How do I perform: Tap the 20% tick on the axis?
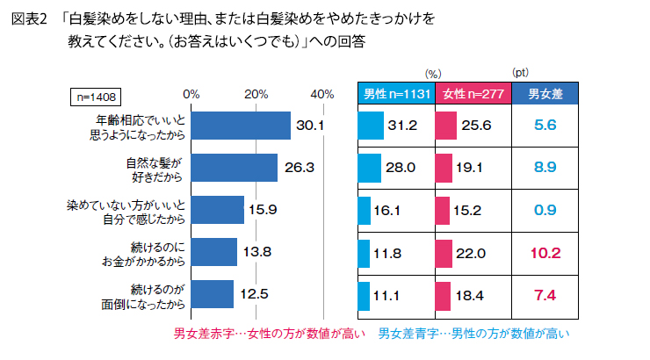tap(256, 94)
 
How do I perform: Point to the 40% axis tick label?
tap(321, 94)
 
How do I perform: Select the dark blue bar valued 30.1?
tap(240, 126)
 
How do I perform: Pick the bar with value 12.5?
tap(212, 293)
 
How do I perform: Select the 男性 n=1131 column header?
tap(396, 95)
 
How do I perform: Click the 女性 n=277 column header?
tap(471, 95)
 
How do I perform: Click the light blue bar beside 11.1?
tap(365, 295)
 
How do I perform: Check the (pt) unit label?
tap(521, 74)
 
